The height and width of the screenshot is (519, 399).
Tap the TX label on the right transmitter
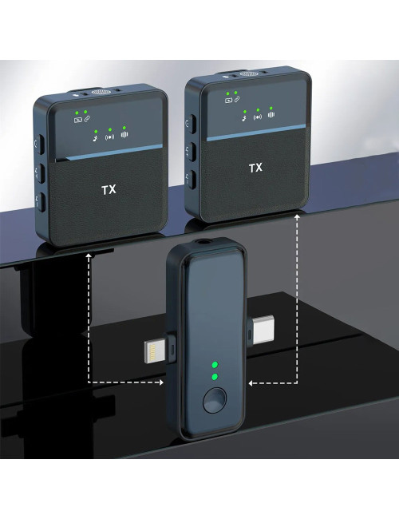click(255, 168)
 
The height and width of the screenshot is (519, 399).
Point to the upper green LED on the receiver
click(213, 361)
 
